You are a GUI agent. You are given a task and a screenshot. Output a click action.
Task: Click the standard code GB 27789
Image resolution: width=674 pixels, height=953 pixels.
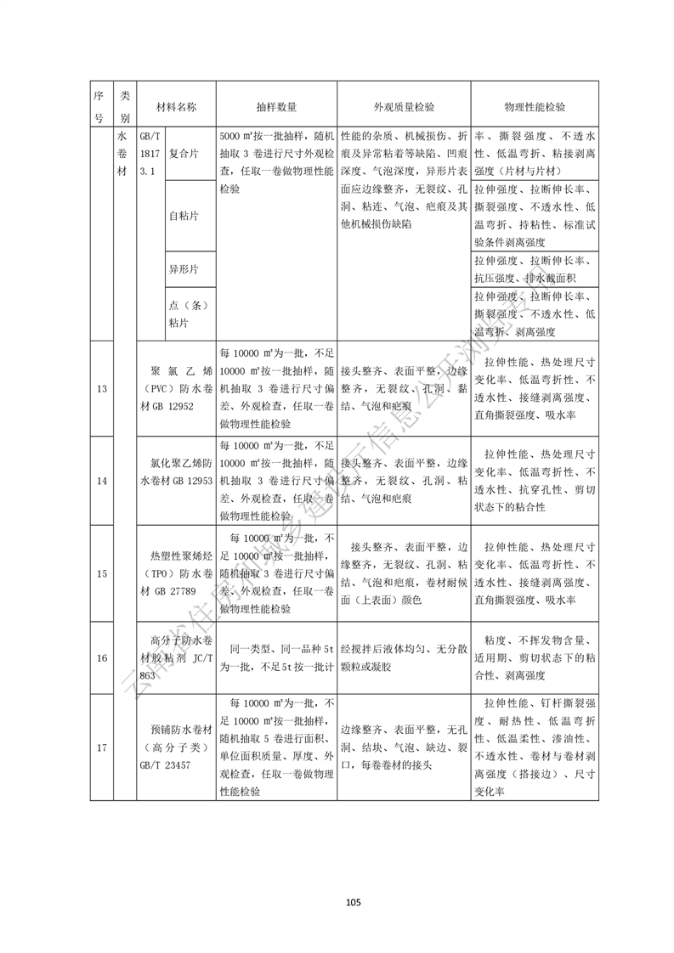180,591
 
